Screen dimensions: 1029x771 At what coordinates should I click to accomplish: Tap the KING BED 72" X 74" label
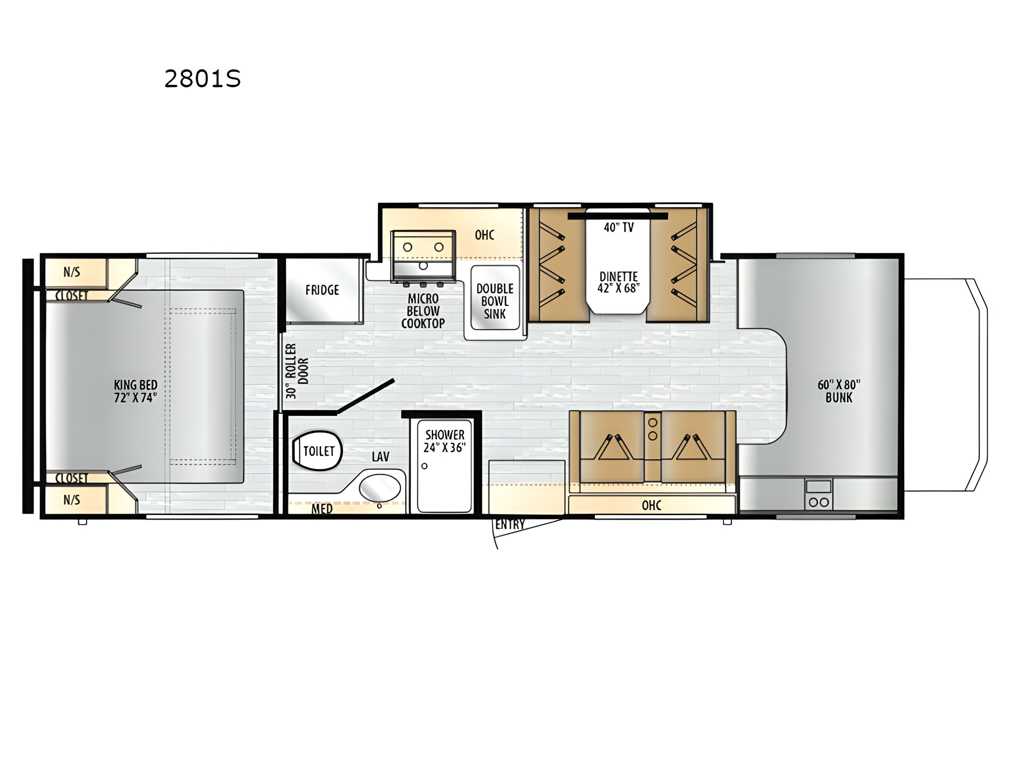[x=136, y=391]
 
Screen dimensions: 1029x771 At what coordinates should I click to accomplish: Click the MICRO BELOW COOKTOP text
[x=423, y=311]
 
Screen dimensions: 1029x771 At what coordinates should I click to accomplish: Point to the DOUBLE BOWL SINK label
[x=495, y=301]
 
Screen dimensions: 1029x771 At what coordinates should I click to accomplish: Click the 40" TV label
[x=619, y=227]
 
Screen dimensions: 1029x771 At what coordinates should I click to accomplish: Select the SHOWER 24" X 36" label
[x=444, y=441]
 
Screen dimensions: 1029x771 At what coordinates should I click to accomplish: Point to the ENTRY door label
[x=510, y=525]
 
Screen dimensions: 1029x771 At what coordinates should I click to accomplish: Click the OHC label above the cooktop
[x=484, y=235]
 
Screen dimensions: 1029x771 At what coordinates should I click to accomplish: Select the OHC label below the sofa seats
[x=651, y=505]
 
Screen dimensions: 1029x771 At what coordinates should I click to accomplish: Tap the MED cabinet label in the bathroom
[x=322, y=509]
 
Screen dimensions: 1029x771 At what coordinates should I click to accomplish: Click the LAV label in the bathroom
[x=380, y=456]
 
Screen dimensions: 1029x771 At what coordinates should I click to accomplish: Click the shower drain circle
[x=424, y=466]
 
